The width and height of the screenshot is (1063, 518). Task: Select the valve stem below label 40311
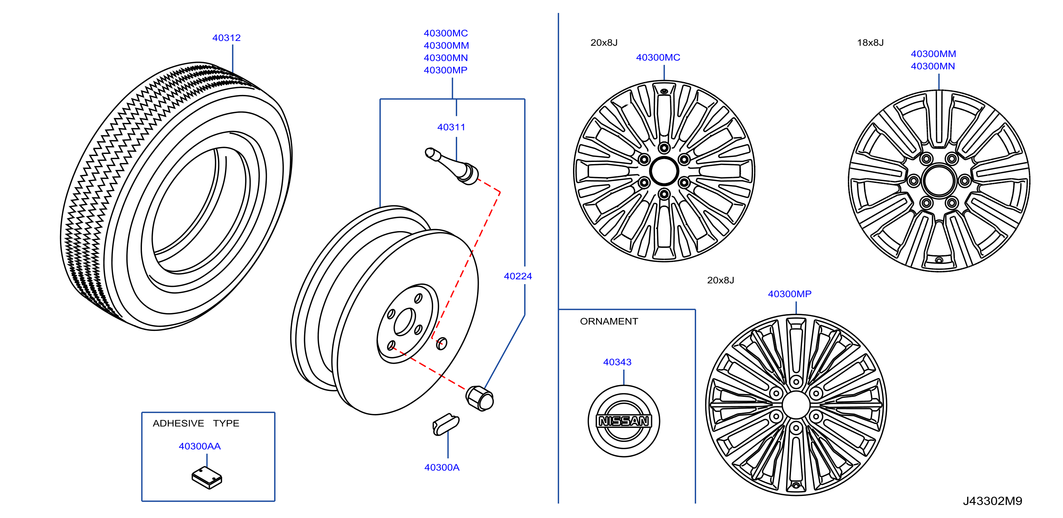(x=452, y=166)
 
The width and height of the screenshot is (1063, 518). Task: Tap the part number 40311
(x=451, y=127)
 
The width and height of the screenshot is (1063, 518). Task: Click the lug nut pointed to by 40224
(x=480, y=398)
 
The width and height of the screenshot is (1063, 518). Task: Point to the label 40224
(x=518, y=276)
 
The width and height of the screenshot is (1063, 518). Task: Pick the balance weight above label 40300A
(x=446, y=424)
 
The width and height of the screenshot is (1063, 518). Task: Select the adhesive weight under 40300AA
(x=207, y=478)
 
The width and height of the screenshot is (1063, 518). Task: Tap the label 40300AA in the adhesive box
(x=199, y=446)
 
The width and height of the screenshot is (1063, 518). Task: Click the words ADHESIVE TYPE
(x=196, y=423)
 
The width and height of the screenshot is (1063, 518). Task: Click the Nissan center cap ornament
(x=624, y=421)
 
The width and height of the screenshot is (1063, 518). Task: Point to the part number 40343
(x=617, y=362)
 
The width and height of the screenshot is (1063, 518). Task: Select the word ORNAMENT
(x=609, y=321)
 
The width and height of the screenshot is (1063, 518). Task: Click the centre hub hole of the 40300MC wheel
(x=664, y=171)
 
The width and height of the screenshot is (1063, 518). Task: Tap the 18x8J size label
(x=870, y=43)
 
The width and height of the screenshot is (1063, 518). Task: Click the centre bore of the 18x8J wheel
(x=939, y=180)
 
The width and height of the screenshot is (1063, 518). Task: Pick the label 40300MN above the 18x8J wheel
(x=933, y=66)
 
